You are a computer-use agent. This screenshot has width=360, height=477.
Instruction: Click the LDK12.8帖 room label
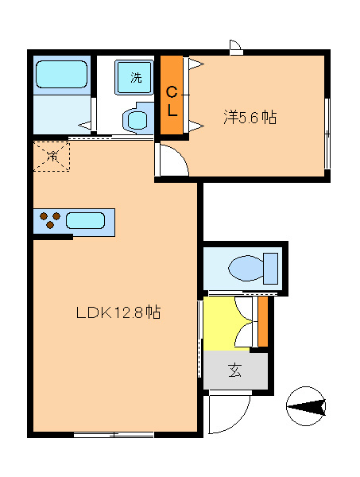coord(118,312)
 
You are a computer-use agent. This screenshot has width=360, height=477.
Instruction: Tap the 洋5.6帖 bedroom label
coord(249,118)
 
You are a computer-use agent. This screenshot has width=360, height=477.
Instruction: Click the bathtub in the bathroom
coord(61,76)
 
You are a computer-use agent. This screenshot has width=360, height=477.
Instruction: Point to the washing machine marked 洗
coord(136,77)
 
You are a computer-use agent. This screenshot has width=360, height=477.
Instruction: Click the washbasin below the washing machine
coord(136,120)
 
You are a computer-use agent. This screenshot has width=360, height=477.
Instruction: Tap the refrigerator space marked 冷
coord(52,155)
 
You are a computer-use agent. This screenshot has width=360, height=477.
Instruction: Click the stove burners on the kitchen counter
coord(49,220)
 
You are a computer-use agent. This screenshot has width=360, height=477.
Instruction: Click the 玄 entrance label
coord(235,370)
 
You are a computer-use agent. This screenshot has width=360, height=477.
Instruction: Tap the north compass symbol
coord(306,407)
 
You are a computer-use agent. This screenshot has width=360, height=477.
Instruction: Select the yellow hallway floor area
coord(226,323)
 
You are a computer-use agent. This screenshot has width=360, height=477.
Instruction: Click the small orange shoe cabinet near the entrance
coord(263,321)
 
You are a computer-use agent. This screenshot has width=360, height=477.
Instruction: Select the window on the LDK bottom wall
coord(114,434)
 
